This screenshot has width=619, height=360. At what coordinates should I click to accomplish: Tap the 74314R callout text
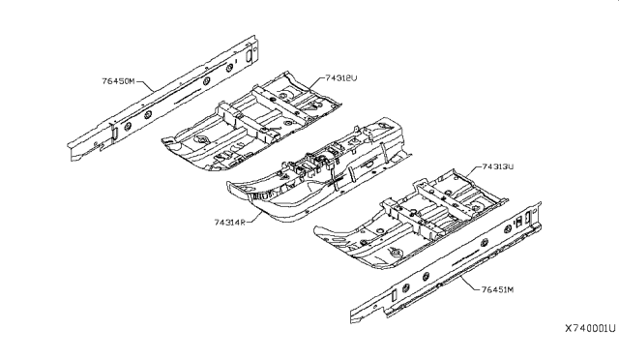pyautogui.click(x=229, y=222)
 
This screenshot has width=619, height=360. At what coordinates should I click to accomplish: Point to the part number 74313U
pyautogui.click(x=489, y=166)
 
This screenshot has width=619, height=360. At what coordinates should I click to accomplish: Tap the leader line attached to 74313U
pyautogui.click(x=467, y=172)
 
